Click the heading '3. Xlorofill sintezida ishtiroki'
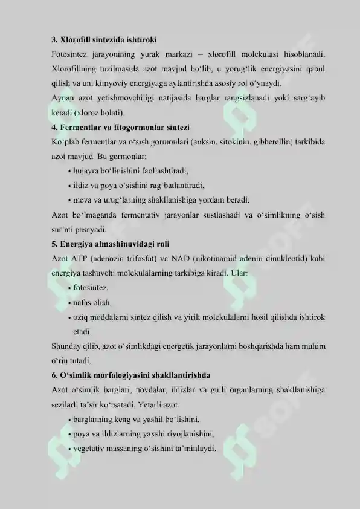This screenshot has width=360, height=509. pyautogui.click(x=99, y=41)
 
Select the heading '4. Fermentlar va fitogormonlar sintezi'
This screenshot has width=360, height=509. pyautogui.click(x=121, y=128)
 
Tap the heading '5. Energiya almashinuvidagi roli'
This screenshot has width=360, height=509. pyautogui.click(x=110, y=244)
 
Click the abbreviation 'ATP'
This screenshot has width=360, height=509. pyautogui.click(x=79, y=259)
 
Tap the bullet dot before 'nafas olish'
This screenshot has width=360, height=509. pyautogui.click(x=71, y=303)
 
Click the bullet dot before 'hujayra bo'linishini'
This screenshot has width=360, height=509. pyautogui.click(x=71, y=172)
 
